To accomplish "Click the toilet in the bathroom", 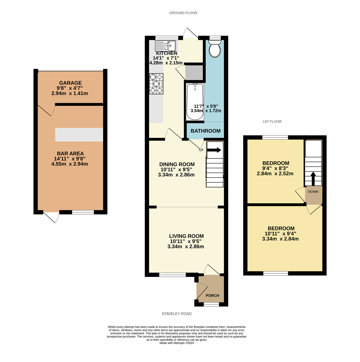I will [x=215, y=49].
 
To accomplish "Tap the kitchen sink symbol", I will [x=165, y=46].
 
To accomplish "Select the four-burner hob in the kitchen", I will [x=156, y=84].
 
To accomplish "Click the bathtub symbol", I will [x=195, y=102].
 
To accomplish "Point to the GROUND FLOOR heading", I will [x=183, y=13].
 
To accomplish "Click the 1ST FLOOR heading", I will [x=272, y=122].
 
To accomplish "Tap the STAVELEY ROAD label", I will [x=177, y=314].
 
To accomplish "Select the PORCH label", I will [x=212, y=295].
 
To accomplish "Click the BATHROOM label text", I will [x=206, y=131].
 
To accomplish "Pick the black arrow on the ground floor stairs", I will [x=214, y=150].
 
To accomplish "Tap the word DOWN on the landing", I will [x=313, y=192].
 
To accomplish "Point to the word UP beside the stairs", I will [x=201, y=150].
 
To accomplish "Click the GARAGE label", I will [x=70, y=83].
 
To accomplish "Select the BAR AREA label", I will [x=70, y=154].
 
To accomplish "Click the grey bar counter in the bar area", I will [x=79, y=135].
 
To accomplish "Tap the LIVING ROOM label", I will [x=186, y=236].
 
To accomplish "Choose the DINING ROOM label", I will [x=177, y=164].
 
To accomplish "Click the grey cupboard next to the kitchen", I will [x=194, y=73].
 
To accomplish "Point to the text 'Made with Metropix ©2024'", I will [x=177, y=343].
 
